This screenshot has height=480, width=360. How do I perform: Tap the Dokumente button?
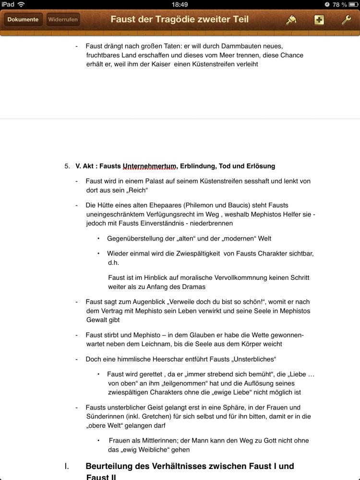[x=23, y=20]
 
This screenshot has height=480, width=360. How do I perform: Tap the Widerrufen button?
[x=63, y=20]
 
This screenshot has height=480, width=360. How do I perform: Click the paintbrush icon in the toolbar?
[x=291, y=20]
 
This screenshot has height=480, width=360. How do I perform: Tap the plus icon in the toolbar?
[x=319, y=20]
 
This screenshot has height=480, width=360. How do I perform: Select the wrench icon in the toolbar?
[x=346, y=20]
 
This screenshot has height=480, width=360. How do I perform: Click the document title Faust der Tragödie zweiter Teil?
[x=180, y=19]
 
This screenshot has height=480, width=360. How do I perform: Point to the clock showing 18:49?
[x=180, y=4]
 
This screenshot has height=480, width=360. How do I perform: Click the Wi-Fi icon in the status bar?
[x=21, y=4]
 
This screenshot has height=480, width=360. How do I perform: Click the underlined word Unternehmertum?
[x=149, y=166]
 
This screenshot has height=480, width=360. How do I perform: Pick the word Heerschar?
[x=180, y=359]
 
